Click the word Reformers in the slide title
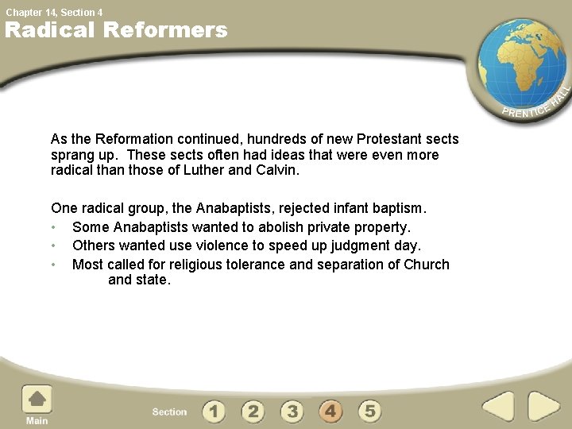tap(165, 30)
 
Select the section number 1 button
tap(213, 411)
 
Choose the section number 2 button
tap(253, 411)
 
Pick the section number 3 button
tap(292, 411)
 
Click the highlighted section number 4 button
tap(330, 411)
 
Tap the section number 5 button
tap(369, 411)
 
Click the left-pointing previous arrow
tap(498, 408)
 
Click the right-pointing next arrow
tap(544, 408)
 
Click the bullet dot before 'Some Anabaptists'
tap(53, 228)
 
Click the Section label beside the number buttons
tap(169, 412)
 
